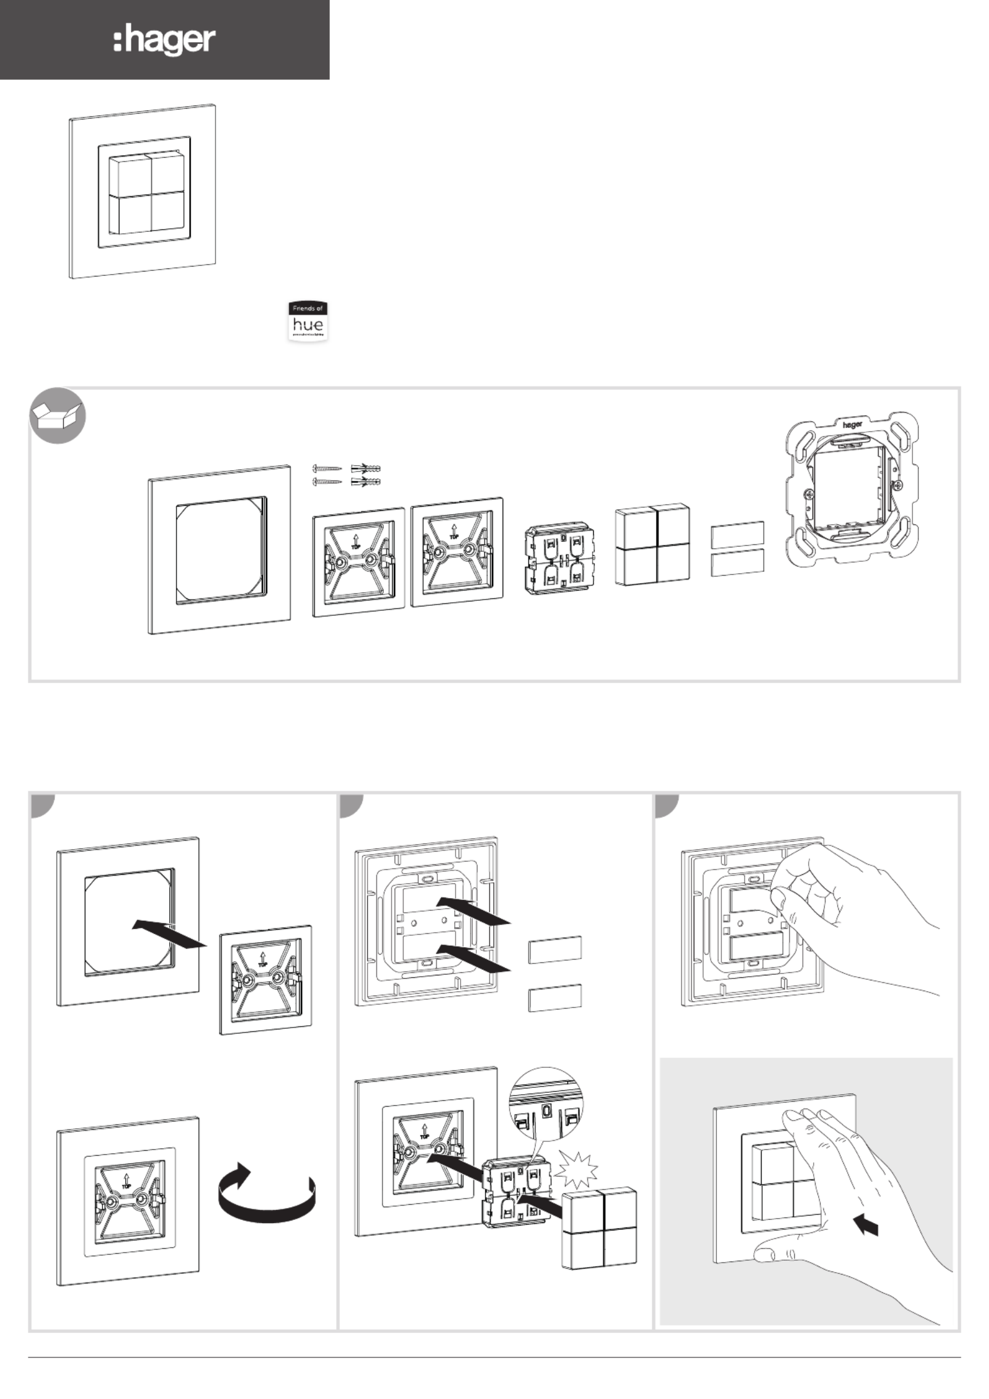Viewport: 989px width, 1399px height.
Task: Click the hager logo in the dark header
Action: coord(165,41)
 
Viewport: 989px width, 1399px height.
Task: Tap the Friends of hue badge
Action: coord(308,321)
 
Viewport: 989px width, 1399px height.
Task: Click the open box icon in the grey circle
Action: coord(57,415)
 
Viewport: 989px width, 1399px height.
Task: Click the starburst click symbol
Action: coord(577,1170)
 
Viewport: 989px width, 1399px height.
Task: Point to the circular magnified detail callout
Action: coord(545,1104)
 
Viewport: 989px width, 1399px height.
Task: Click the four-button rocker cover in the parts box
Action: coord(652,544)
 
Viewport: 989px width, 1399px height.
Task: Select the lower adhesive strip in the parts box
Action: coord(738,562)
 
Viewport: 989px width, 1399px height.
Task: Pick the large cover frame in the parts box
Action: coord(219,549)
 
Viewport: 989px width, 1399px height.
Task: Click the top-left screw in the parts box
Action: coord(327,469)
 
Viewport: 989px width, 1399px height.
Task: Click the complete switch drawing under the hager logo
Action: coord(143,191)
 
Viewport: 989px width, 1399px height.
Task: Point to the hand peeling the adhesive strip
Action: coord(848,911)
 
